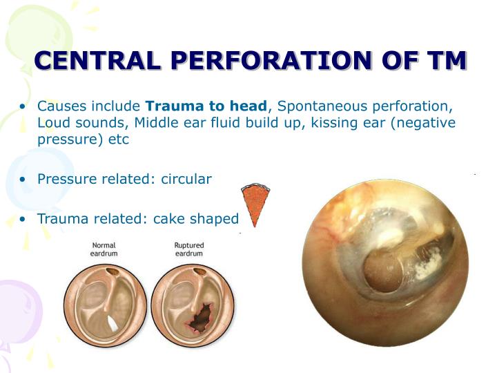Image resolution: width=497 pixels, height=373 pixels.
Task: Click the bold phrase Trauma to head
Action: click(206, 106)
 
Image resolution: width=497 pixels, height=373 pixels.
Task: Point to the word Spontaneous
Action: click(317, 106)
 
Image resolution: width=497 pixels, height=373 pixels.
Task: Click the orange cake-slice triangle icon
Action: click(255, 204)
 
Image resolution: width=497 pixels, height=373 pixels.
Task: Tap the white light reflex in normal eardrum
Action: click(113, 322)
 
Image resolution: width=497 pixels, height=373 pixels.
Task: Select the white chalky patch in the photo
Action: click(427, 266)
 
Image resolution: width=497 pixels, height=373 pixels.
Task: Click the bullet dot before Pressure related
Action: click(23, 180)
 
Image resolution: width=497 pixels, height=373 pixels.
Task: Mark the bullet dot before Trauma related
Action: click(23, 220)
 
